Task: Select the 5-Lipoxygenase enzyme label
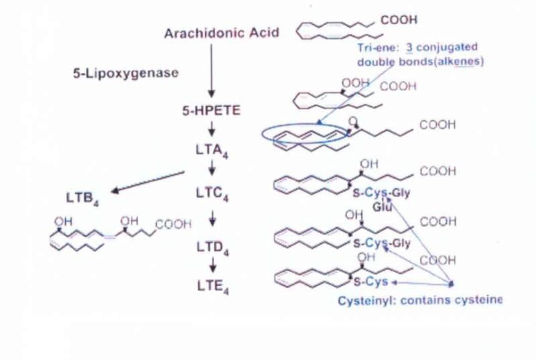[126, 73]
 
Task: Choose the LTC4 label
[213, 198]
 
